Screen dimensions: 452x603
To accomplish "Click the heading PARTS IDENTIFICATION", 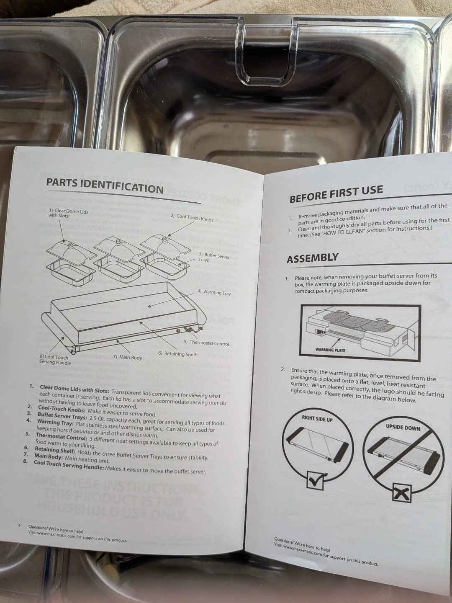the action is click(105, 186).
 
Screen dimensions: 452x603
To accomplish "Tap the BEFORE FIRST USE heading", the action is click(336, 193).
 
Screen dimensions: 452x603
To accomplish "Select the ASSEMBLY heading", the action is click(313, 258).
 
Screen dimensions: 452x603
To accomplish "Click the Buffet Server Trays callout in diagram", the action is click(214, 258).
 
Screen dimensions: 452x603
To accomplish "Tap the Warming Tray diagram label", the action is click(214, 292).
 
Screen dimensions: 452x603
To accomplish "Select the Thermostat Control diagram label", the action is click(206, 343).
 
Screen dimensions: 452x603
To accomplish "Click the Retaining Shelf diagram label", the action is click(177, 354).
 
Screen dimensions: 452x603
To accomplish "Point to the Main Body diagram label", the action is click(128, 357).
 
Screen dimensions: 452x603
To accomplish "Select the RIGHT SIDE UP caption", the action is click(317, 419).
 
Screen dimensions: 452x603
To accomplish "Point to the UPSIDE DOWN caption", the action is click(403, 428).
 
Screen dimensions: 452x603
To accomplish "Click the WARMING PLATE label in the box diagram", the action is click(330, 350).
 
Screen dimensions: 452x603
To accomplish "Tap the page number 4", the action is click(20, 526).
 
